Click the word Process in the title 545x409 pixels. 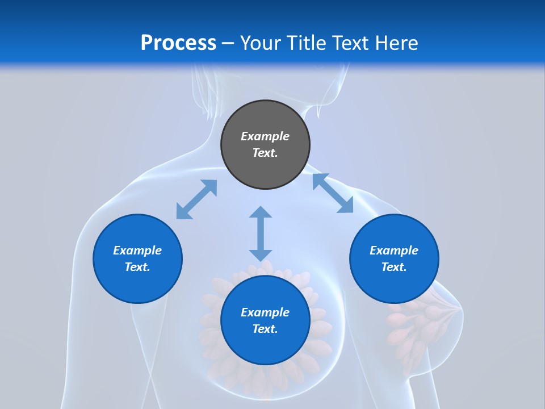(x=178, y=43)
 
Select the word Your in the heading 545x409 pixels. (x=260, y=43)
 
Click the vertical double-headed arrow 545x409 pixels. (x=261, y=233)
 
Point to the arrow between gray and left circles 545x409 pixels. (x=196, y=199)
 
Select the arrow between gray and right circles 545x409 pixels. (x=333, y=193)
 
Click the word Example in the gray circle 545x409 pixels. (x=265, y=136)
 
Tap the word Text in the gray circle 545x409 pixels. (x=265, y=153)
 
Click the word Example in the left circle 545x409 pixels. (x=137, y=251)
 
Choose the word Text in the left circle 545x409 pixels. (x=137, y=267)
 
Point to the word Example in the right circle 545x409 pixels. (x=394, y=251)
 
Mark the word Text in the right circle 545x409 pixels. (x=394, y=267)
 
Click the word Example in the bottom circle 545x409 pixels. (x=265, y=312)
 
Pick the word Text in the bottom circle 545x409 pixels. (x=265, y=329)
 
